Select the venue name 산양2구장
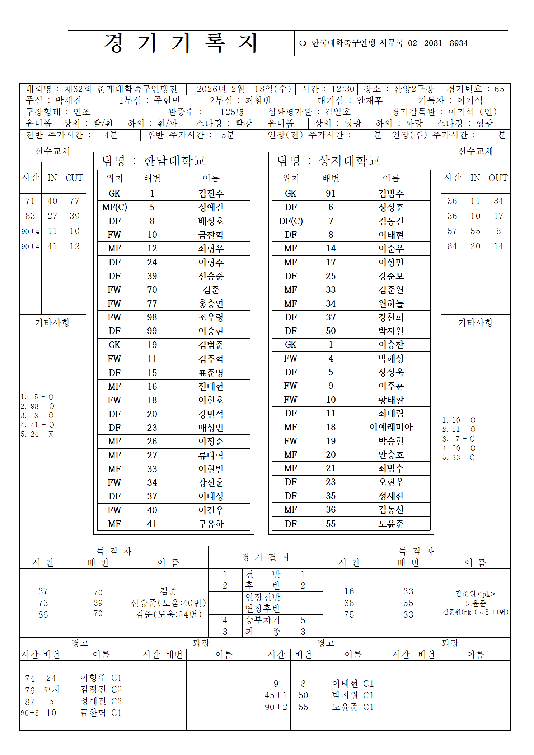click(x=413, y=89)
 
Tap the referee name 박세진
click(x=68, y=100)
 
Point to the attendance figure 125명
click(x=232, y=112)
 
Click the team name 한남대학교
click(x=174, y=161)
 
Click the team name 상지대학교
click(x=349, y=161)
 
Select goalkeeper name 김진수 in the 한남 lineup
click(x=211, y=194)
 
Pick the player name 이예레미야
click(x=391, y=427)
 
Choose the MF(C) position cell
click(x=114, y=207)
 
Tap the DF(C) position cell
click(x=291, y=221)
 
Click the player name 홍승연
click(x=211, y=304)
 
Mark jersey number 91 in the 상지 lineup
click(x=331, y=194)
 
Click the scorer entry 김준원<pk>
click(x=475, y=594)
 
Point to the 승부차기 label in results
click(x=262, y=620)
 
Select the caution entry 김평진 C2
click(x=101, y=689)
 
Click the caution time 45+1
click(x=276, y=695)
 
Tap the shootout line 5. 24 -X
click(x=37, y=434)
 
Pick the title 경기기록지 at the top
click(x=181, y=43)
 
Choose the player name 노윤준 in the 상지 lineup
click(x=391, y=524)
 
